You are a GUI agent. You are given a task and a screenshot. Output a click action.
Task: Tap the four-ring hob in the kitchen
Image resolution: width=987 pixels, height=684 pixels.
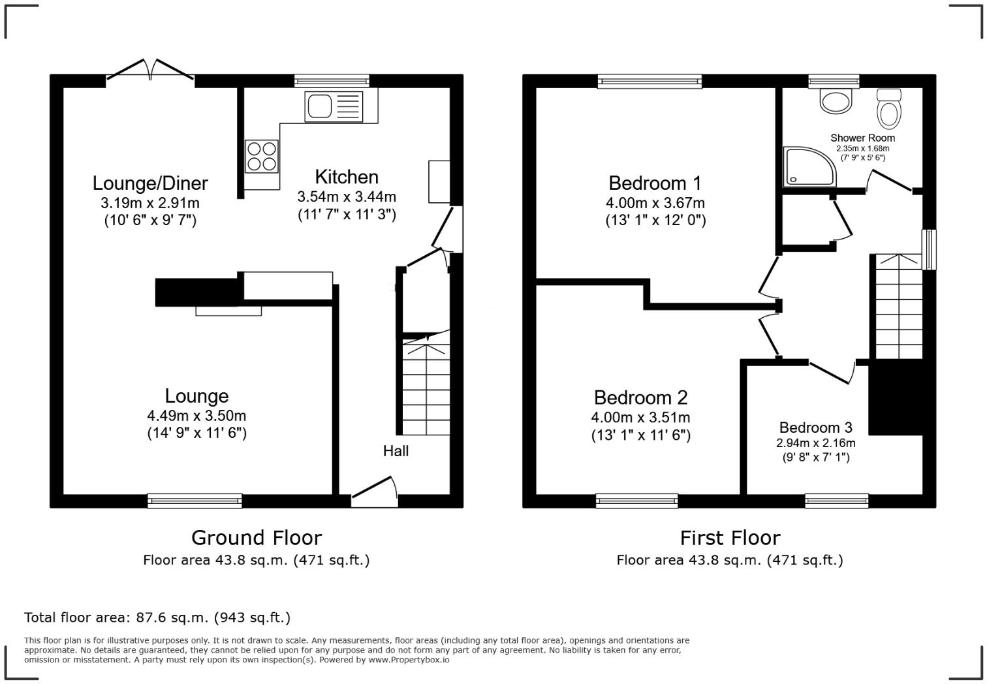261,157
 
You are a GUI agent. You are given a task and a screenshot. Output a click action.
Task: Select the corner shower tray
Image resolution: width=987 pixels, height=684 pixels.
809,166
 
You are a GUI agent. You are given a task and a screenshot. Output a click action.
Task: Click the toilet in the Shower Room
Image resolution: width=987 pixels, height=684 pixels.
888,110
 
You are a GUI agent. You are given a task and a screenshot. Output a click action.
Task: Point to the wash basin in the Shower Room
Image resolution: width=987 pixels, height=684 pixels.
836,101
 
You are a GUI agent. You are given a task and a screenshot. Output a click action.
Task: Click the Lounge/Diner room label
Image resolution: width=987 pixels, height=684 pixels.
150,183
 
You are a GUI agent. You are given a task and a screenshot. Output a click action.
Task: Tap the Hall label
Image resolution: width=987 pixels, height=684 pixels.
396,451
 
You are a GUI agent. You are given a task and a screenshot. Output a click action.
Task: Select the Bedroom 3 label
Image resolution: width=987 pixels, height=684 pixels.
815,427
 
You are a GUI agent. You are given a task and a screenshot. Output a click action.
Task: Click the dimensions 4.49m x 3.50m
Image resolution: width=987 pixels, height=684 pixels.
196,416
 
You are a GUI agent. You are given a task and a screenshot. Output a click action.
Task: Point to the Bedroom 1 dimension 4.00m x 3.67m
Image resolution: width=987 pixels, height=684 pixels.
655,203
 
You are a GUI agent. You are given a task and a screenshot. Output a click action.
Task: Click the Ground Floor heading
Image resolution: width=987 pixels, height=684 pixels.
256,538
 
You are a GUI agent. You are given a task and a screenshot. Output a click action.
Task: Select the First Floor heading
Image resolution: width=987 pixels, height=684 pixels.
730,538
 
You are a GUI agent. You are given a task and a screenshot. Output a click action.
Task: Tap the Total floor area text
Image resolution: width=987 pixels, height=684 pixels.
157,617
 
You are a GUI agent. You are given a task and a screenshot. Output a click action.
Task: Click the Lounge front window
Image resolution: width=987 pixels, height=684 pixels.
195,501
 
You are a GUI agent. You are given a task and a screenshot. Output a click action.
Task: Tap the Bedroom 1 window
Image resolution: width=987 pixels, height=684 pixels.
650,81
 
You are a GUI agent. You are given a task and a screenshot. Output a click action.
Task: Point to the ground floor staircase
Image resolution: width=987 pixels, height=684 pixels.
426,385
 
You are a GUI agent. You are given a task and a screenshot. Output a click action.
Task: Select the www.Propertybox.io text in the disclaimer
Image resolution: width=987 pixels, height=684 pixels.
409,660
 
